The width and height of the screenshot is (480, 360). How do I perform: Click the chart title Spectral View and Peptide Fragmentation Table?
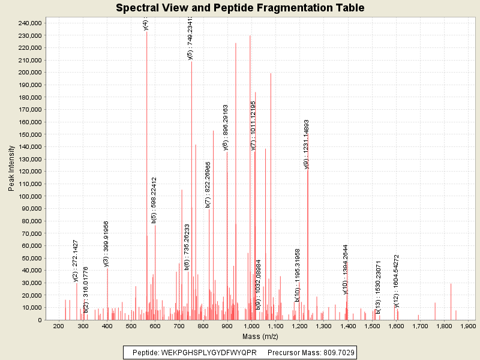pos(239,8)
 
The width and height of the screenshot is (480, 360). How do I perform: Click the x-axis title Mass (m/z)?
pos(260,337)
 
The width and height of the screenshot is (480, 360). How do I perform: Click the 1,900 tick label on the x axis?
pos(467,326)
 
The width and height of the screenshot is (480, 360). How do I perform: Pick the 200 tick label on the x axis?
pos(59,326)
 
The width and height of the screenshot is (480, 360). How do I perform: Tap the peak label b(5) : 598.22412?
pos(154,200)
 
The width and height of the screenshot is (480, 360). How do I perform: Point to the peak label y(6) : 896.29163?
pos(226,128)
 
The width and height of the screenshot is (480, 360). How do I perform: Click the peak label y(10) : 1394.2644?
pos(346,269)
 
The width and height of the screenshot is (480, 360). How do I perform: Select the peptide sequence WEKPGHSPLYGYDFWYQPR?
pos(209,352)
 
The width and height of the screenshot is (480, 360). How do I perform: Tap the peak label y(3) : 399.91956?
pos(106,244)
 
